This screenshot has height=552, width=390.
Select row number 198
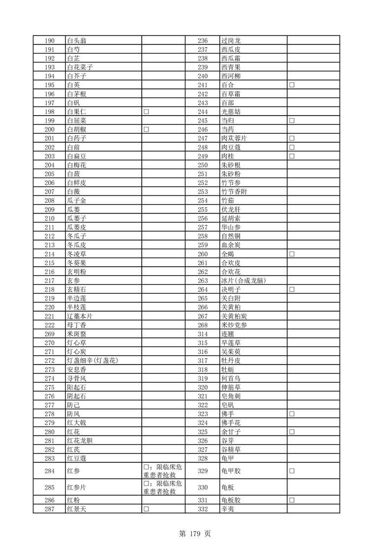tap(49, 112)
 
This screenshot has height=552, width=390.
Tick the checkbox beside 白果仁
tap(147, 112)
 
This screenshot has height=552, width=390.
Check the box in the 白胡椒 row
tap(147, 129)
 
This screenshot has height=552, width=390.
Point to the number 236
tap(203, 41)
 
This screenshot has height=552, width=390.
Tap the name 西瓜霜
tap(231, 59)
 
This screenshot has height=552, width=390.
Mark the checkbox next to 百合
tap(292, 85)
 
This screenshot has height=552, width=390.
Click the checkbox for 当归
tap(292, 121)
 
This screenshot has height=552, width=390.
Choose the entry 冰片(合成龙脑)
tap(244, 280)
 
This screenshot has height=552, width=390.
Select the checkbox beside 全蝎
tap(292, 254)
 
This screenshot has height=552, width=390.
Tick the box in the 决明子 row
tap(292, 289)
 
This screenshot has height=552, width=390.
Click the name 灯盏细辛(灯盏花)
tap(92, 361)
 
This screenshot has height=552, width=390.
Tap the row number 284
tap(49, 471)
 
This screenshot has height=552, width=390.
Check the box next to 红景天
tap(147, 509)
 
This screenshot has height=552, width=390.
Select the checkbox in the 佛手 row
tap(292, 414)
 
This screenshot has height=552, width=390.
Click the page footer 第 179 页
tap(195, 533)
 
